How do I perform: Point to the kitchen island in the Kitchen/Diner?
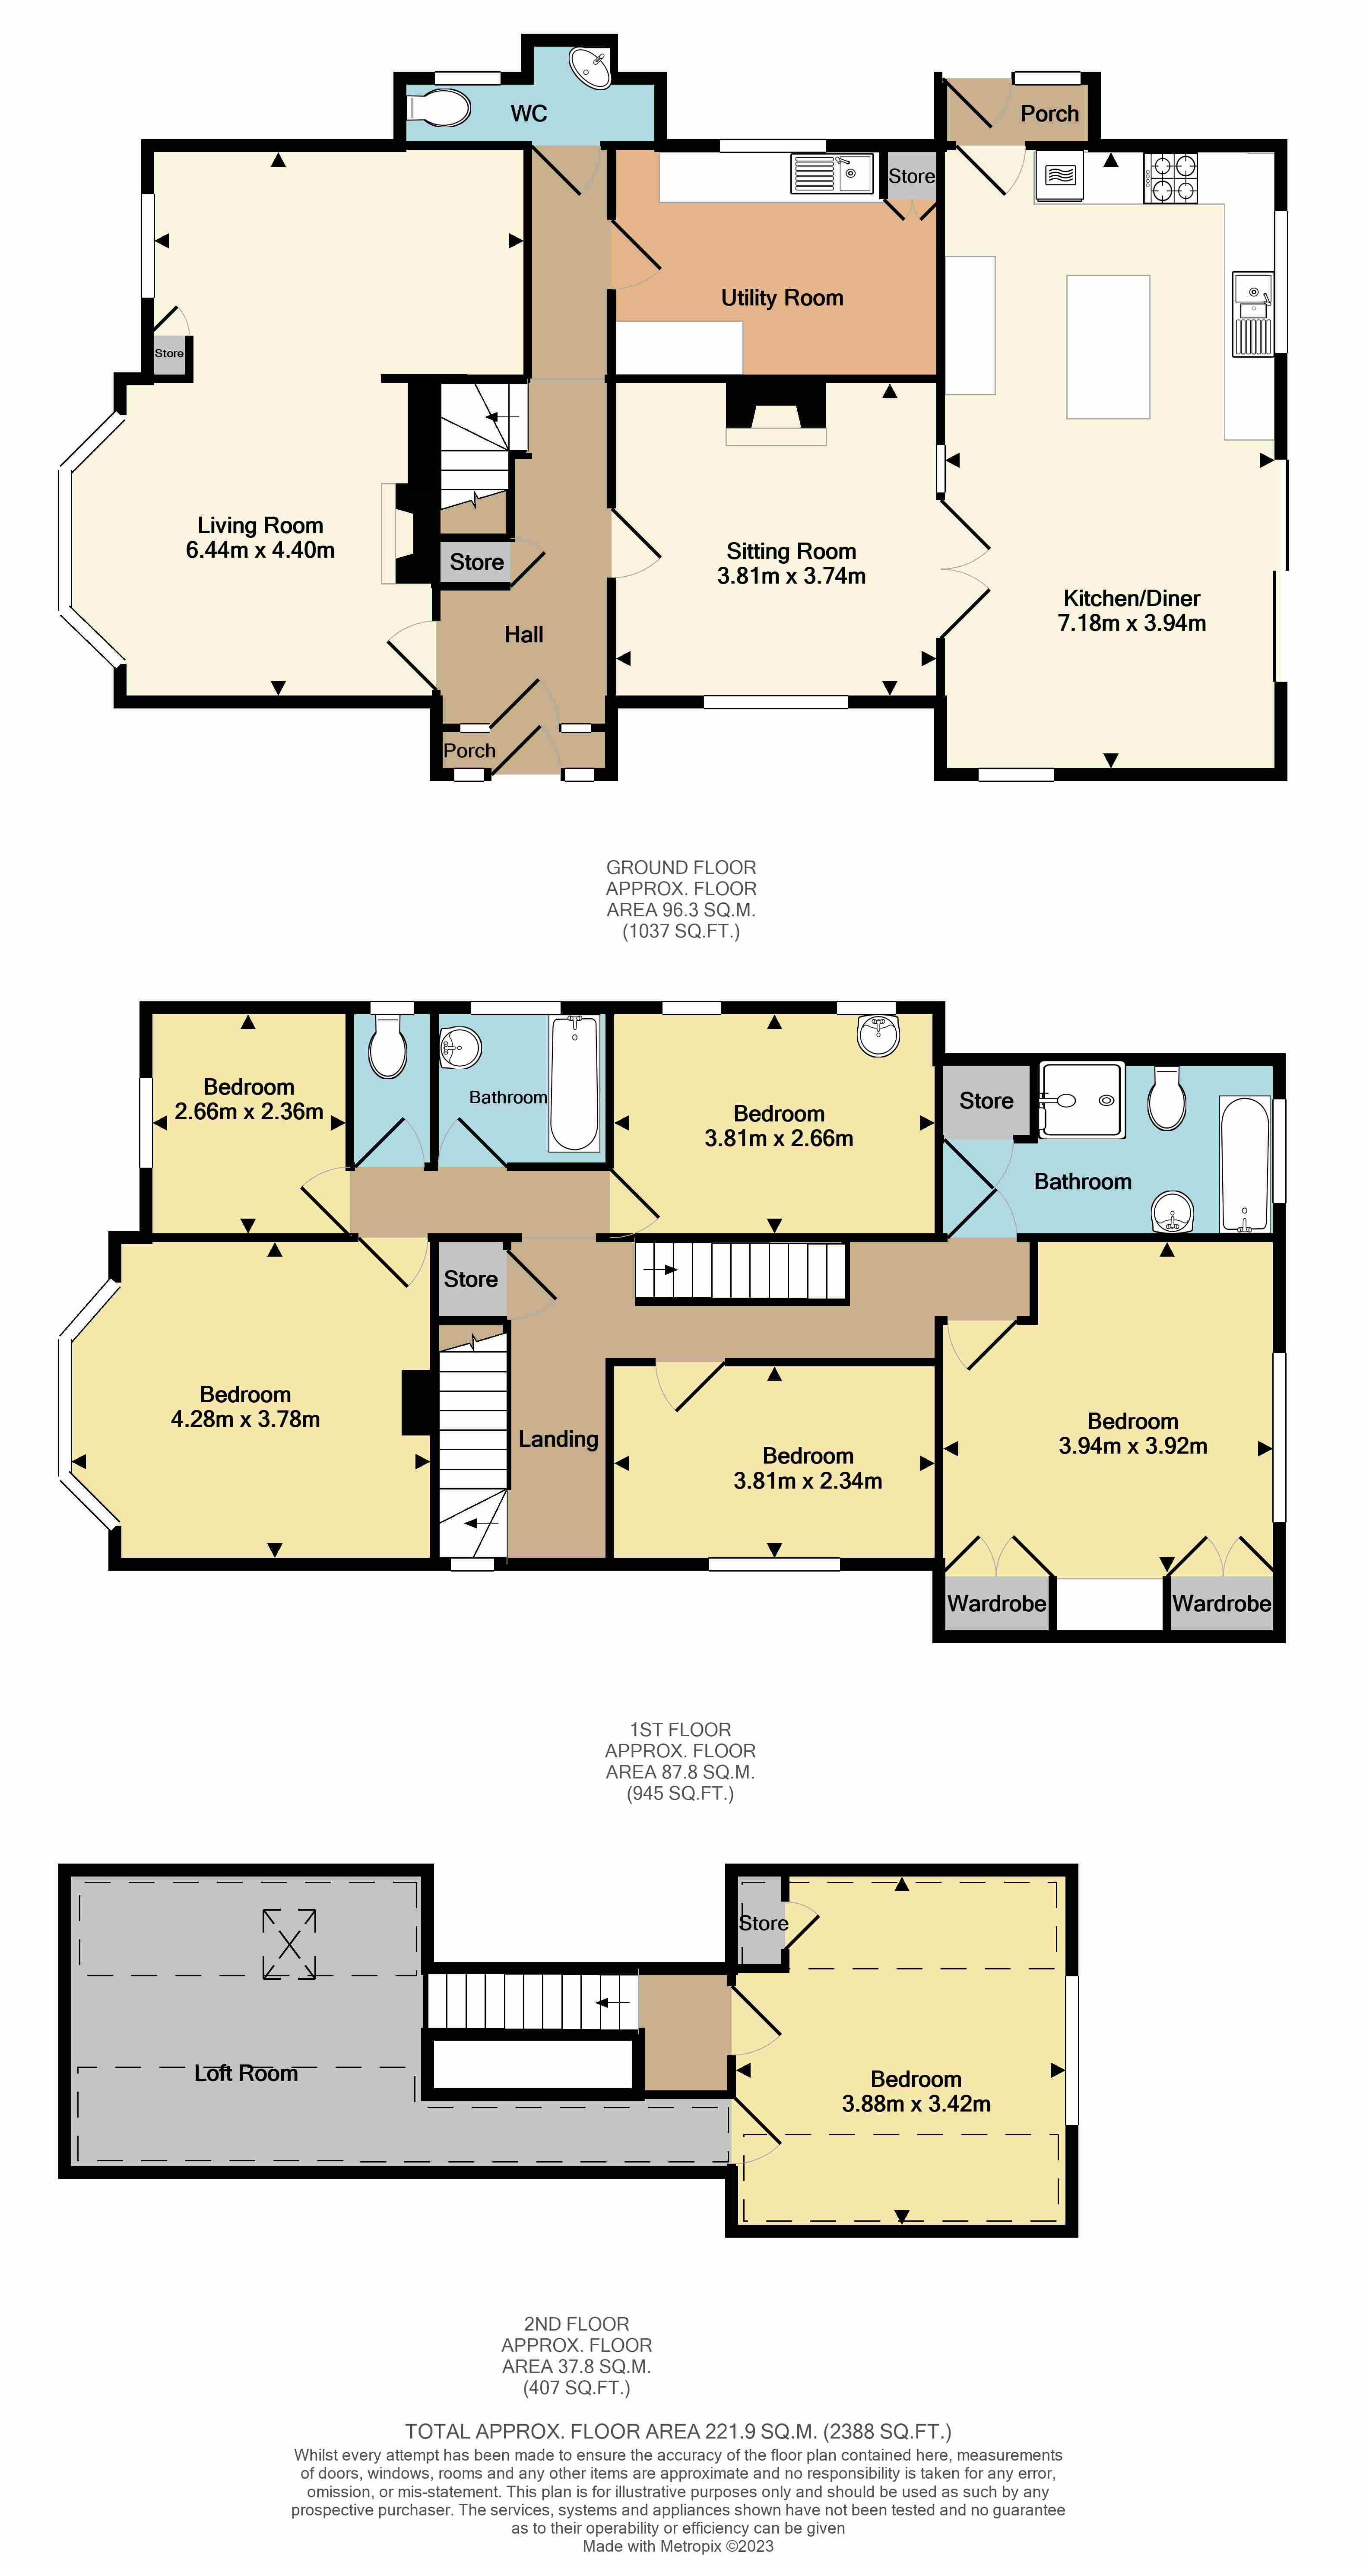[1108, 347]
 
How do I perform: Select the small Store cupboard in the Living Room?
[169, 354]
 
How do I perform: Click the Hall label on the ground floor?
[523, 634]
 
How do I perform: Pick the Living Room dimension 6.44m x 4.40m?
[260, 549]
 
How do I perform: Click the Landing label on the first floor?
[558, 1439]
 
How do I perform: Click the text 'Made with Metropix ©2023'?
[678, 2546]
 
